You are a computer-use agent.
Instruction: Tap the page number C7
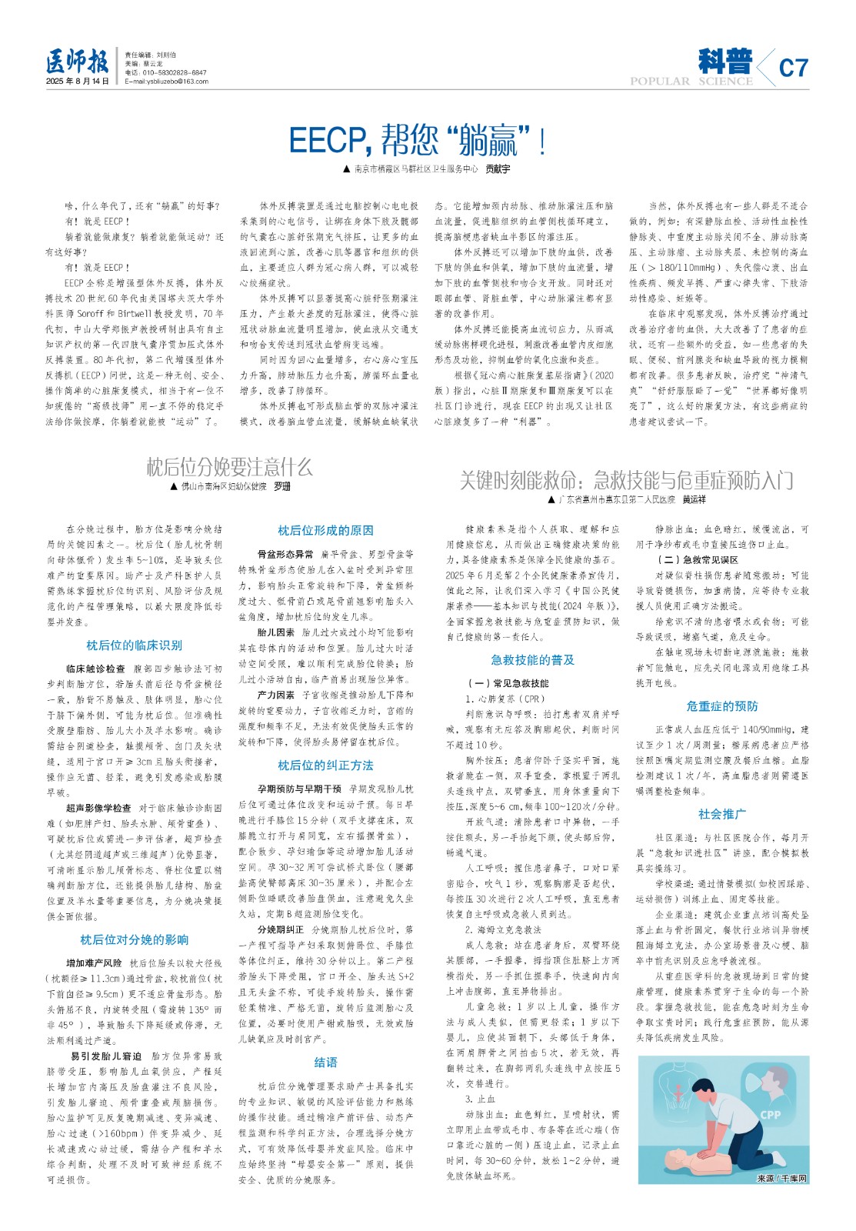(793, 68)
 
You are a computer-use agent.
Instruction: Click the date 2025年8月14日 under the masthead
(78, 82)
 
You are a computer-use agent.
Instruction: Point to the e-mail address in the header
(166, 82)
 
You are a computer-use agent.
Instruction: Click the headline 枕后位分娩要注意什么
(230, 466)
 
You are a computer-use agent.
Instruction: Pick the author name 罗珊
(282, 487)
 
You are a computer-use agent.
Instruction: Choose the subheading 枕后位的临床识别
(134, 646)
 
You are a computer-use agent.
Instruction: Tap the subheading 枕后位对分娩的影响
(134, 939)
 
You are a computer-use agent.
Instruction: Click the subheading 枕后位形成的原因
(325, 530)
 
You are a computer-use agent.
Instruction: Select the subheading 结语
(325, 1062)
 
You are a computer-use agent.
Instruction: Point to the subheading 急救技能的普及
(533, 659)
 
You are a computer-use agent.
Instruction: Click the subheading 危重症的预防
(722, 706)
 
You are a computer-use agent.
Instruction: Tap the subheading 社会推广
(722, 813)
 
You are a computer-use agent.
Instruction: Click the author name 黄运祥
(694, 500)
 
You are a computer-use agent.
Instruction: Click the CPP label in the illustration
(770, 1114)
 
